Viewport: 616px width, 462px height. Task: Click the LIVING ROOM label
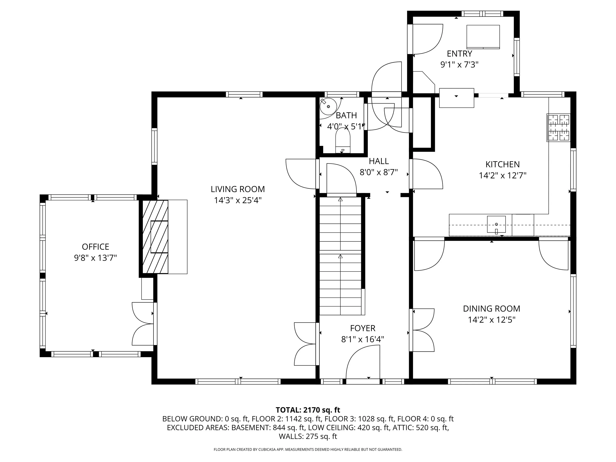point(238,189)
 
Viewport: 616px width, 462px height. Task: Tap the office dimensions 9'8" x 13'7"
point(95,258)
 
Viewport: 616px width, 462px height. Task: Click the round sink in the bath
point(328,106)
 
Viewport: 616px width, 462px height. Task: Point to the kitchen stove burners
point(559,128)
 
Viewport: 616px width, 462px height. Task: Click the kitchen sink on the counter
point(496,224)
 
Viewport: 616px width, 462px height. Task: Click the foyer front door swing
point(363,362)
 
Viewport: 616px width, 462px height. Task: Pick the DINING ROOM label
point(491,309)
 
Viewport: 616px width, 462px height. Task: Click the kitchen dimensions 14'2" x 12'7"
point(503,176)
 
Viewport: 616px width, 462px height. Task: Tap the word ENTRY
point(460,54)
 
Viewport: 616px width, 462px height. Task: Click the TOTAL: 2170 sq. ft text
point(308,410)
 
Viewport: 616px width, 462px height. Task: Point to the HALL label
point(379,161)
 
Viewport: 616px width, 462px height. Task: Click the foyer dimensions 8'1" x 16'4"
point(363,339)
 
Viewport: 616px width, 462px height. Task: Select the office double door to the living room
point(143,324)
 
